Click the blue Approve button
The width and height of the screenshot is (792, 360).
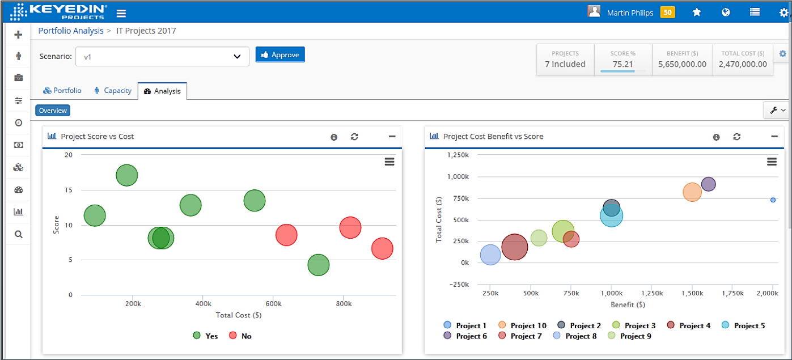[x=280, y=54]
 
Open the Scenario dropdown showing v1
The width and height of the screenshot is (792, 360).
[x=162, y=57]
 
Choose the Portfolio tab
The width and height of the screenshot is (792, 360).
[x=62, y=91]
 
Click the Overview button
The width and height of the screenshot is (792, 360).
[x=53, y=111]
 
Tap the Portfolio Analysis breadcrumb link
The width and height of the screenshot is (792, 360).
[x=71, y=31]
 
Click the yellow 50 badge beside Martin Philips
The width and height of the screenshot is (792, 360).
[x=668, y=12]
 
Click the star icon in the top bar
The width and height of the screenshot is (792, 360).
[x=697, y=12]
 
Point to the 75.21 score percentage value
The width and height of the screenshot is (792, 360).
[x=622, y=64]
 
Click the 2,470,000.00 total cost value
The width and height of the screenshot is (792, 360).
[x=743, y=64]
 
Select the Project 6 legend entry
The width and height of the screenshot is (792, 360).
[x=466, y=336]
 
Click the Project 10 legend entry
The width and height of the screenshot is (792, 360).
[x=522, y=325]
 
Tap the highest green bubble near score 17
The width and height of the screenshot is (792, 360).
[x=127, y=176]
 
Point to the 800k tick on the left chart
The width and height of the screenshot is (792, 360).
[x=343, y=304]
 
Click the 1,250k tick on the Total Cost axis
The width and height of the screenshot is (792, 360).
[x=457, y=155]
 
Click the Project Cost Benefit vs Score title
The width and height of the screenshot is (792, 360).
[x=493, y=137]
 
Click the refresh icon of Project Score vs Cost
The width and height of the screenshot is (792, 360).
[x=354, y=137]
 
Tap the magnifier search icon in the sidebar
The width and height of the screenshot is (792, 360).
[x=18, y=234]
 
